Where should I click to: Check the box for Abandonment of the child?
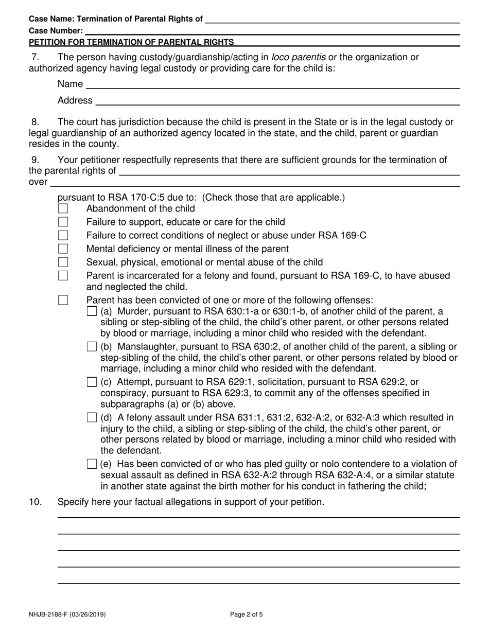pyautogui.click(x=63, y=209)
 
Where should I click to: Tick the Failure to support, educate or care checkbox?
pyautogui.click(x=63, y=222)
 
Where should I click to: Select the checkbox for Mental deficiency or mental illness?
pyautogui.click(x=63, y=249)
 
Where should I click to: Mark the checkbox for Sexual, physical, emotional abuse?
pyautogui.click(x=63, y=262)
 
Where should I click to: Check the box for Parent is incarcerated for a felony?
pyautogui.click(x=63, y=276)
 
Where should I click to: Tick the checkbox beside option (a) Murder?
pyautogui.click(x=92, y=311)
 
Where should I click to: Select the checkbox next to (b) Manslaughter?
pyautogui.click(x=92, y=346)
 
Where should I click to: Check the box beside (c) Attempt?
pyautogui.click(x=92, y=382)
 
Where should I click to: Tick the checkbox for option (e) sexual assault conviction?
pyautogui.click(x=92, y=464)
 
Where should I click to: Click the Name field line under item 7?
pyautogui.click(x=272, y=84)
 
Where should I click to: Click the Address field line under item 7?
pyautogui.click(x=277, y=101)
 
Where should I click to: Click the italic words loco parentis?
pyautogui.click(x=298, y=57)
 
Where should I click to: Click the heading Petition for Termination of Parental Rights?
pyautogui.click(x=131, y=42)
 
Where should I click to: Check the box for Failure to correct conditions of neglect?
pyautogui.click(x=63, y=236)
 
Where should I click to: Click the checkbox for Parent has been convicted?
pyautogui.click(x=63, y=300)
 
